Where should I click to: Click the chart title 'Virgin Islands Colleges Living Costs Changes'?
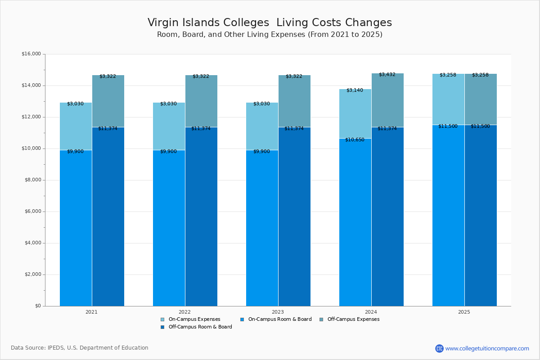pyautogui.click(x=270, y=23)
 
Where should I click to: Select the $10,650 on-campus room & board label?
pyautogui.click(x=355, y=140)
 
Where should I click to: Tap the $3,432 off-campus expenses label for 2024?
pyautogui.click(x=387, y=74)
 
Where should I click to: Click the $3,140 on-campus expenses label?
pyautogui.click(x=355, y=90)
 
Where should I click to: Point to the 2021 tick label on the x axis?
pyautogui.click(x=91, y=311)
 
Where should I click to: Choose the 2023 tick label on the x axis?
pyautogui.click(x=278, y=311)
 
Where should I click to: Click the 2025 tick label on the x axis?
pyautogui.click(x=464, y=311)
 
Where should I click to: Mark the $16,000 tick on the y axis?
pyautogui.click(x=31, y=54)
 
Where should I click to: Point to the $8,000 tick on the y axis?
pyautogui.click(x=32, y=180)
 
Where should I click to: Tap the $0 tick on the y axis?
pyautogui.click(x=37, y=306)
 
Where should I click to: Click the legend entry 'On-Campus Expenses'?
pyautogui.click(x=194, y=319)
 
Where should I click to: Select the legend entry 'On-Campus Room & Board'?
pyautogui.click(x=279, y=319)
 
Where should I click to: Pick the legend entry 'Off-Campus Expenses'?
pyautogui.click(x=353, y=319)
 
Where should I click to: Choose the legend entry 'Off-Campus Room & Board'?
pyautogui.click(x=200, y=327)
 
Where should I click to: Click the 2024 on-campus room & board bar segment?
pyautogui.click(x=355, y=225)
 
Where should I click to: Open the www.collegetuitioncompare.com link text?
pyautogui.click(x=487, y=348)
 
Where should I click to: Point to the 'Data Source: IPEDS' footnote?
pyautogui.click(x=80, y=348)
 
